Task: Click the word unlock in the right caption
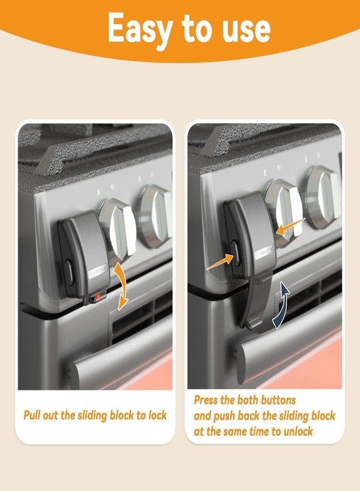[295, 431]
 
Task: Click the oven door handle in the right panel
[289, 349]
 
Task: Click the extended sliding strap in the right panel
[256, 306]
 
